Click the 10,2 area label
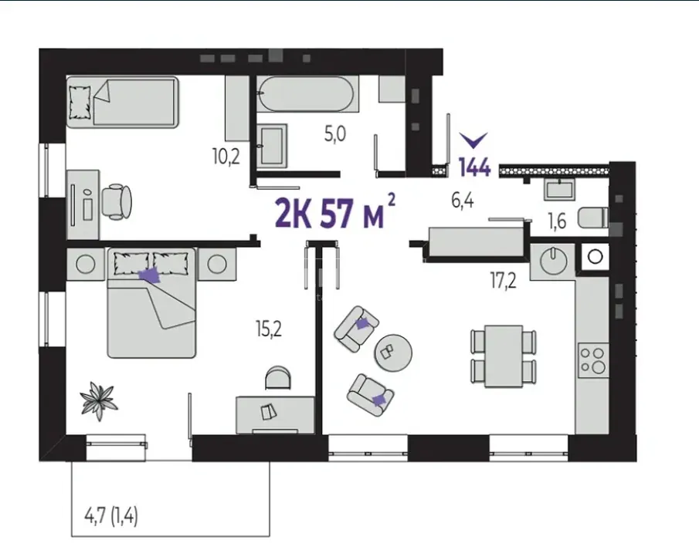(226, 157)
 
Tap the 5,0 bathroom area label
(334, 133)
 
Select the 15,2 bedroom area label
(269, 329)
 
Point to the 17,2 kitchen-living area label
(504, 281)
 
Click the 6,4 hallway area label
(463, 201)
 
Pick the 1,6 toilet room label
(557, 221)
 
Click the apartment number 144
(475, 167)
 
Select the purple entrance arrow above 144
(474, 140)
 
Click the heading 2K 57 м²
(335, 211)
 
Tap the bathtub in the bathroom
(307, 94)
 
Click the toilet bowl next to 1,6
(593, 218)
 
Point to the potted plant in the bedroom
(99, 400)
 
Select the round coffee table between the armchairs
(392, 353)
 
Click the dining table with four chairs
(504, 356)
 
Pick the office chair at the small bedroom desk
(117, 201)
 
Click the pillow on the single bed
(80, 102)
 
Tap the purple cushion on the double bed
(150, 275)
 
